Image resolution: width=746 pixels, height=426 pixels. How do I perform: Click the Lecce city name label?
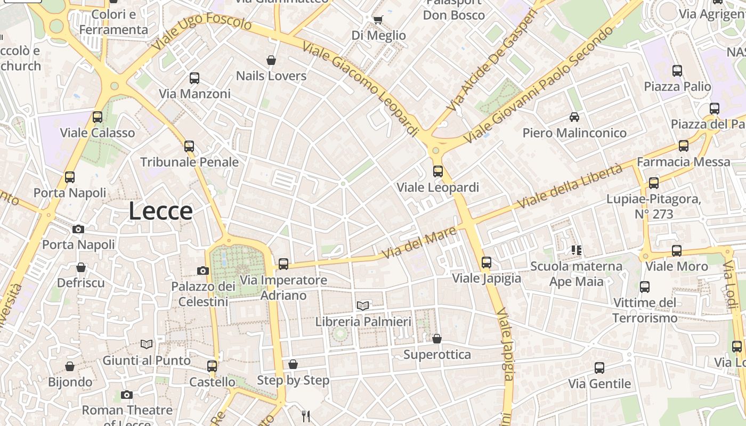pos(160,211)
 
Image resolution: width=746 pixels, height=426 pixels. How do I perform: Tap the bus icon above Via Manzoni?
pos(194,78)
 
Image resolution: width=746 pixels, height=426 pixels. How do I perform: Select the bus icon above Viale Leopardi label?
pos(438,171)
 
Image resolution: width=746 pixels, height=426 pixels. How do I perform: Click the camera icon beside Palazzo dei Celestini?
pos(203,271)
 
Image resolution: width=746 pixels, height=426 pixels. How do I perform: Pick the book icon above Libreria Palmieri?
pos(363,306)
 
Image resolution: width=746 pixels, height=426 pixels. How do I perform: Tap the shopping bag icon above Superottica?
pos(437,339)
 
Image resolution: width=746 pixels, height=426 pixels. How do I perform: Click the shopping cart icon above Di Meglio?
pos(378,20)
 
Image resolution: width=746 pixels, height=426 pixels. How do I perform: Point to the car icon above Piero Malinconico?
pos(574,117)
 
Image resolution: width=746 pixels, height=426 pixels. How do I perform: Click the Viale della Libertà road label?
pos(570,186)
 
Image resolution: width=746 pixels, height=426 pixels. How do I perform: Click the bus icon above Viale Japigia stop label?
pos(486,262)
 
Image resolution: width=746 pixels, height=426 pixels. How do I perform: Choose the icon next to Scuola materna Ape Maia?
pos(576,250)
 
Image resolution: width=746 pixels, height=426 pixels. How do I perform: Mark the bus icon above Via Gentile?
pos(599,367)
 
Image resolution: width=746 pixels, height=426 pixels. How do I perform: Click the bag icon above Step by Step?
pos(293,364)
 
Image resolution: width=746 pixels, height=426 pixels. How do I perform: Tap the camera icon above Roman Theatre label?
pos(126,395)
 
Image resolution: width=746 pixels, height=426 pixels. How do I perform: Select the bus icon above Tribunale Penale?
pos(189,146)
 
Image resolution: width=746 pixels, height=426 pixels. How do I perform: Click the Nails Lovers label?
pos(271,76)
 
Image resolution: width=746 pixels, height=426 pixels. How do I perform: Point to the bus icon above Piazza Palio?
pos(677,70)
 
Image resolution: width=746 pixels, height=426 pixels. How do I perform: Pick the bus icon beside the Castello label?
pos(212,366)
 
